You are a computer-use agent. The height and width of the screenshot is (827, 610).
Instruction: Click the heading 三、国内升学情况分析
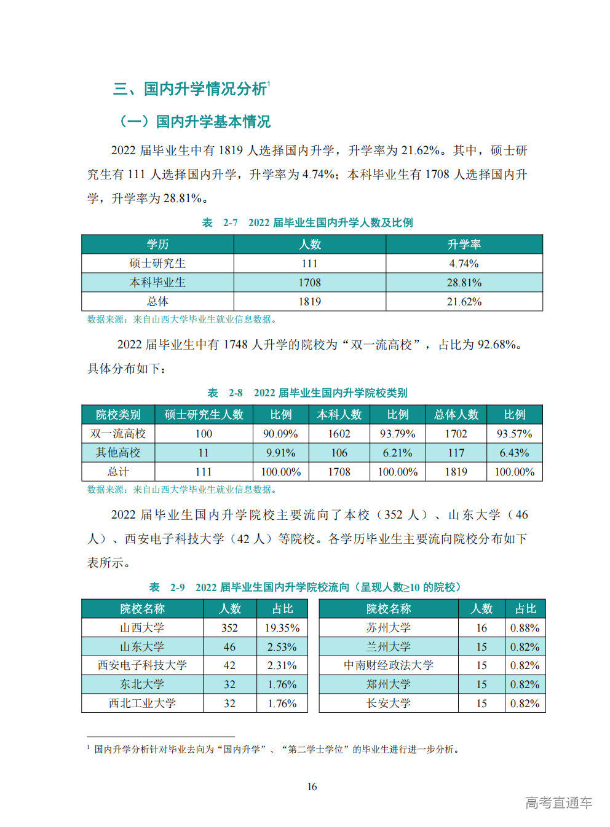coord(190,89)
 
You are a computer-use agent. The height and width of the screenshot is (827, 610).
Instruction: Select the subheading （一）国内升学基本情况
coord(194,122)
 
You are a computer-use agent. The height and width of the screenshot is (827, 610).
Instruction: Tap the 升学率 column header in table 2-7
coord(464,245)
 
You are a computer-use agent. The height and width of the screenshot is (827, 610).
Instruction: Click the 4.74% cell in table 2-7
coord(464,264)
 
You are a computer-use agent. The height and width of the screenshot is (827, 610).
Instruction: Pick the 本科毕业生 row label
coord(157,283)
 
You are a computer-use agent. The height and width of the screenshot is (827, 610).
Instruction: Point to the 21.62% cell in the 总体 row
coord(464,302)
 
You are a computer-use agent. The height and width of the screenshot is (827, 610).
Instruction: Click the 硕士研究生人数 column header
coord(204,415)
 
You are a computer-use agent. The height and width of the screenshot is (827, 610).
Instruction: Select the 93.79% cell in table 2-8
coord(397,434)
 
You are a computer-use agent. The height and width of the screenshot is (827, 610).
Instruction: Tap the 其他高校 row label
coord(118,453)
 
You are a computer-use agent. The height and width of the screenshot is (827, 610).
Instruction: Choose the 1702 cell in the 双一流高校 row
coord(456,434)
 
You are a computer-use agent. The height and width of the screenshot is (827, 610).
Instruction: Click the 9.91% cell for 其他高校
coord(280,453)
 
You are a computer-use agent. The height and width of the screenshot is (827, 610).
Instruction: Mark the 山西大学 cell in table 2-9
coord(142,628)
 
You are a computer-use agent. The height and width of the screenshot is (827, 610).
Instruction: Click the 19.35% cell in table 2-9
coord(282,628)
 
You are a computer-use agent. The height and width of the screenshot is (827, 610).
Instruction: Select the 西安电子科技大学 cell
coord(142,665)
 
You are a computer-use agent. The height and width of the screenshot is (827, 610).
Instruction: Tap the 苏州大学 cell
coord(388,628)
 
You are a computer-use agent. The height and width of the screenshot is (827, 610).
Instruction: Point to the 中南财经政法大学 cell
coord(388,665)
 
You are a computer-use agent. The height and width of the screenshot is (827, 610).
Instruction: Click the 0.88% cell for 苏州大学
coord(525,628)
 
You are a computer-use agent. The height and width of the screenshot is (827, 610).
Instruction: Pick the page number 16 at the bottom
coord(312,786)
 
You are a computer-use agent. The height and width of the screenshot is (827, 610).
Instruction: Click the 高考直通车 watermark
coord(558,802)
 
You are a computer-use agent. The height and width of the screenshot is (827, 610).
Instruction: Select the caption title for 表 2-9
coord(305,587)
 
